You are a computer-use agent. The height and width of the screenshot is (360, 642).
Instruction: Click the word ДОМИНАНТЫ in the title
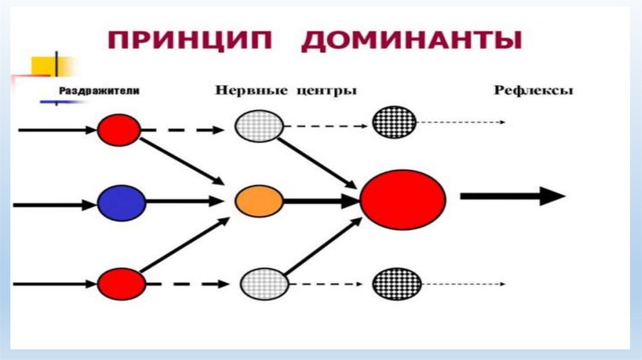(411, 41)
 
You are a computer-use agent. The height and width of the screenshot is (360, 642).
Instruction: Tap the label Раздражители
(99, 91)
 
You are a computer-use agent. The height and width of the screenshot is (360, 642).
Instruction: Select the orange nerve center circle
(259, 201)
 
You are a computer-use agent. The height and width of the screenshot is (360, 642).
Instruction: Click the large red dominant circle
(403, 199)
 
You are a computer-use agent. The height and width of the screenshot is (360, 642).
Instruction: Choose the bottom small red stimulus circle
(121, 283)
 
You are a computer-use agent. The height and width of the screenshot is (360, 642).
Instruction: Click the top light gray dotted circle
(258, 125)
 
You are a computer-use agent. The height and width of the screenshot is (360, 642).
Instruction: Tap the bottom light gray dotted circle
(264, 284)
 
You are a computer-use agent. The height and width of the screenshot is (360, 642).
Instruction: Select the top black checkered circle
(394, 122)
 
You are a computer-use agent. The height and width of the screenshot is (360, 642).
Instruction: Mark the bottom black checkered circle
(396, 283)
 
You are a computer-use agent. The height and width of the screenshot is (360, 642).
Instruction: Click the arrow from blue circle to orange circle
(185, 202)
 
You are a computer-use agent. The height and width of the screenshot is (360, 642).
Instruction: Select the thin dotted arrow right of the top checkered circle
(461, 122)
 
